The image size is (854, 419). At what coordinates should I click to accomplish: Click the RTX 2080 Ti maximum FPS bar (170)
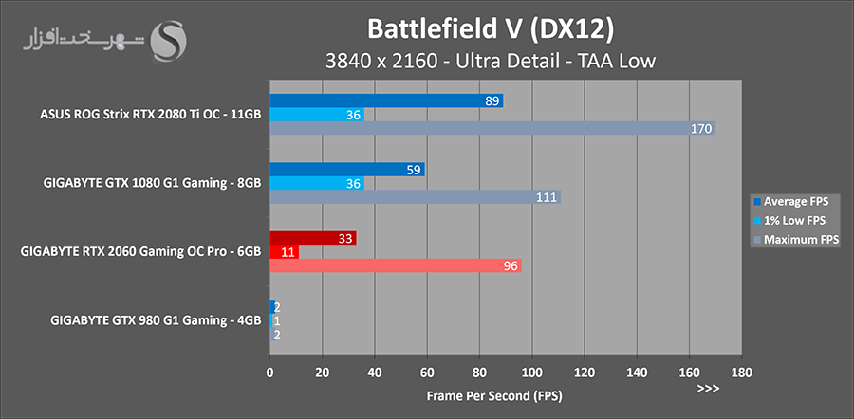(x=492, y=129)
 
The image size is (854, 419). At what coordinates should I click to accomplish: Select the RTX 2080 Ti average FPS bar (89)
(x=386, y=100)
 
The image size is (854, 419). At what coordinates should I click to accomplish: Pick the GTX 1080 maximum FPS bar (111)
(x=415, y=197)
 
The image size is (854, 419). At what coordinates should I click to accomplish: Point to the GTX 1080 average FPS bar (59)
(x=347, y=170)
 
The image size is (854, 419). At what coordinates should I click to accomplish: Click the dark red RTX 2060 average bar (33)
(x=313, y=239)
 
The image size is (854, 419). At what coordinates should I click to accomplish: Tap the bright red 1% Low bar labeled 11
(x=285, y=252)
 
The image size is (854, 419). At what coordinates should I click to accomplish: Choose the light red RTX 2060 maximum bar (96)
(x=396, y=266)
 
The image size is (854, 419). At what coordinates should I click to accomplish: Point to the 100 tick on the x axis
(x=531, y=372)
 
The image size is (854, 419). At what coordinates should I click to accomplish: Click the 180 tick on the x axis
(x=741, y=372)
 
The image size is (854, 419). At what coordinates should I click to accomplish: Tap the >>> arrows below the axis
(x=708, y=389)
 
